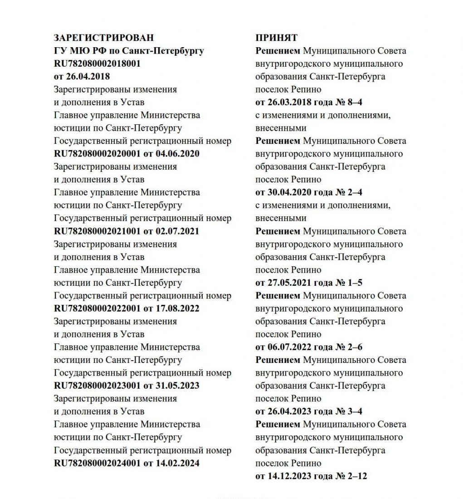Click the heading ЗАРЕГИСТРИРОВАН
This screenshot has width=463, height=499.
pyautogui.click(x=103, y=38)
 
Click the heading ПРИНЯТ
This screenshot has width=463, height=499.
pyautogui.click(x=277, y=38)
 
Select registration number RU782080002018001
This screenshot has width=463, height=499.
pyautogui.click(x=97, y=64)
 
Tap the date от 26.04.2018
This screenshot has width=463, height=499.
pyautogui.click(x=82, y=76)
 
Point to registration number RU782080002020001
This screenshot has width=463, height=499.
pyautogui.click(x=97, y=154)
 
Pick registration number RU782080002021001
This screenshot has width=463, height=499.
pyautogui.click(x=97, y=231)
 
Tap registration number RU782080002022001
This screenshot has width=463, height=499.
pyautogui.click(x=97, y=308)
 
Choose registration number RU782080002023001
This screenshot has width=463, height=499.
pyautogui.click(x=97, y=386)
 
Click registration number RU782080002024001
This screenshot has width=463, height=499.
pyautogui.click(x=97, y=463)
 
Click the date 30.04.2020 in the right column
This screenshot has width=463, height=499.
pyautogui.click(x=289, y=192)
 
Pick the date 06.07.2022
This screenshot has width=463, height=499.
pyautogui.click(x=289, y=347)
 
